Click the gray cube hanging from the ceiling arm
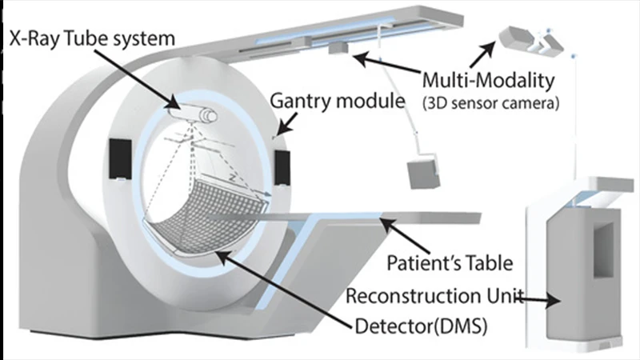pyautogui.click(x=422, y=174)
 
